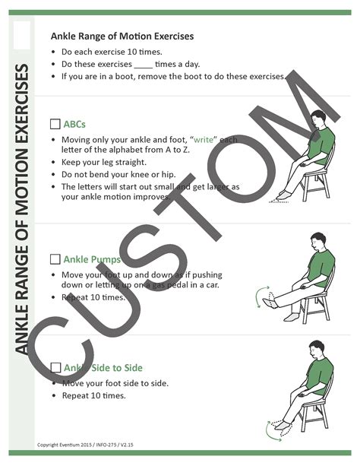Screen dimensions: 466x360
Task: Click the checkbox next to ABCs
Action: click(55, 123)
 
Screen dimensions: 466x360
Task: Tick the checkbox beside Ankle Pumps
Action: click(55, 258)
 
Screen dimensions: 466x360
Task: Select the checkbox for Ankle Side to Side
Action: click(55, 368)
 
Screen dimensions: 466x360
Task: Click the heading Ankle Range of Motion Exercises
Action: click(122, 36)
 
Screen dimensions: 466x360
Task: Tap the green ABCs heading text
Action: click(74, 123)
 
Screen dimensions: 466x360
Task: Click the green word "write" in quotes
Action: click(202, 141)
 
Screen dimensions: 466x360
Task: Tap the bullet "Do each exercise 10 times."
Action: click(112, 52)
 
